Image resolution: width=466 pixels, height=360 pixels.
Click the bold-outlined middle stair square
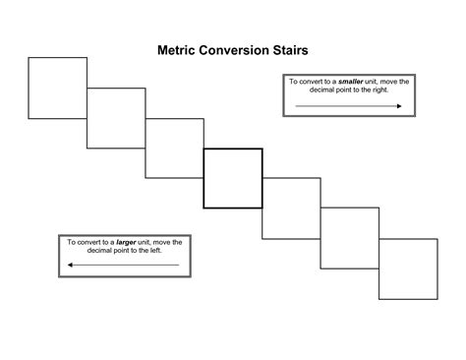click(x=233, y=178)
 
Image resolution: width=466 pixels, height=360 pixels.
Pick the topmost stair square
click(x=57, y=88)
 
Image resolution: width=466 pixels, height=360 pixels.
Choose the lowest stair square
click(x=408, y=268)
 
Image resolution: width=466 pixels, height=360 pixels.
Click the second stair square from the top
click(x=116, y=118)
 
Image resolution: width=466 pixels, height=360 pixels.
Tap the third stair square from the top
click(x=174, y=148)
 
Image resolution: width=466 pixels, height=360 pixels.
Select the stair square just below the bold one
click(x=291, y=209)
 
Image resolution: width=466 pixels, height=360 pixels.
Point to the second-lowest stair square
click(x=350, y=238)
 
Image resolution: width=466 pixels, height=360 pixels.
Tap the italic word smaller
click(x=351, y=82)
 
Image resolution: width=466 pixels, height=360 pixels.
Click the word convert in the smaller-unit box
click(x=316, y=82)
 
